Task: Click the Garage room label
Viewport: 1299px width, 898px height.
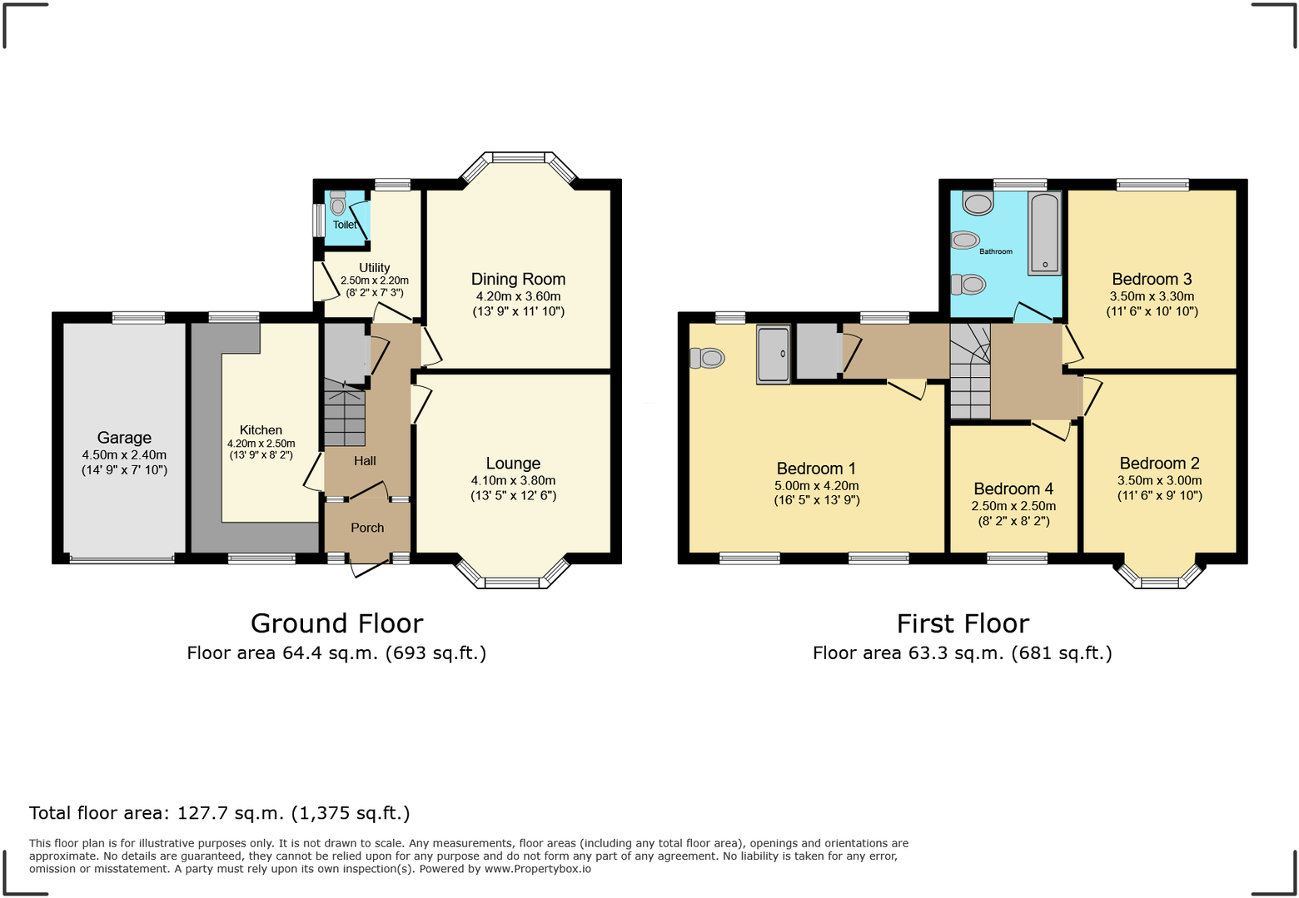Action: (x=124, y=438)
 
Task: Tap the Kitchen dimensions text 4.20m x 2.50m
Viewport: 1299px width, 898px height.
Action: (x=261, y=444)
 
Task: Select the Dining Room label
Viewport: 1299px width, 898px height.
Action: (x=518, y=280)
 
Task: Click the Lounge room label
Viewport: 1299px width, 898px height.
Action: (x=513, y=464)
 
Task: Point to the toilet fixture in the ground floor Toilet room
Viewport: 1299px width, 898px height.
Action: (x=337, y=202)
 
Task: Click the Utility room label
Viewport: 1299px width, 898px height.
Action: (x=374, y=268)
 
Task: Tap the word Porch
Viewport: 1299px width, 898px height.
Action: (x=367, y=528)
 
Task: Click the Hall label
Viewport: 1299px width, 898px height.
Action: (x=365, y=461)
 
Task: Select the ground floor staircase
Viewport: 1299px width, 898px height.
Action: (x=344, y=416)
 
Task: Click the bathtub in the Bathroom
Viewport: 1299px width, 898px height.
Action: (x=1045, y=233)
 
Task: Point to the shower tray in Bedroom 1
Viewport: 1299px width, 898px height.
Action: (x=773, y=355)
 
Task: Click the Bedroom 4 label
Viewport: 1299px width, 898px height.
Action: (x=1013, y=489)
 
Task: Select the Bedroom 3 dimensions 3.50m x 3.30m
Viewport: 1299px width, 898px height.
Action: (x=1152, y=296)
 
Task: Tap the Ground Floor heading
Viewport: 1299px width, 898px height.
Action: (x=336, y=623)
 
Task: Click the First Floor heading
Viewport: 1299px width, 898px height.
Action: (x=963, y=623)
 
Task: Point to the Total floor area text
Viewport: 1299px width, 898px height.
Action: (x=220, y=813)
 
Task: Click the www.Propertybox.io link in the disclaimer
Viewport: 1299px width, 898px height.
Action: (x=537, y=869)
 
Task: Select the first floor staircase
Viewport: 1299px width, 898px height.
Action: (x=970, y=375)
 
